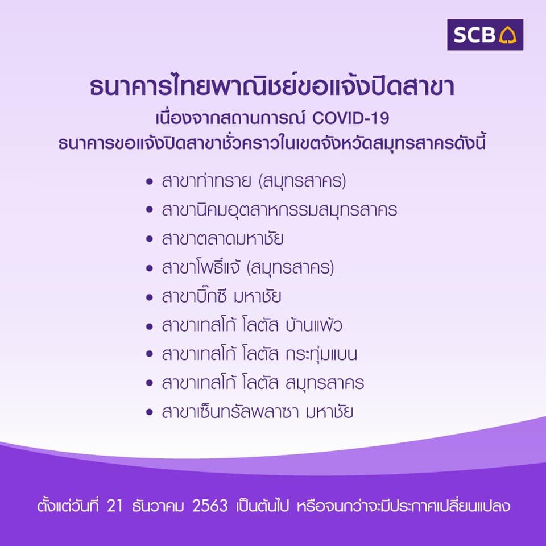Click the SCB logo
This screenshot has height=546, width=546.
(x=485, y=35)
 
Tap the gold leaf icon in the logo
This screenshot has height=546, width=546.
(x=508, y=35)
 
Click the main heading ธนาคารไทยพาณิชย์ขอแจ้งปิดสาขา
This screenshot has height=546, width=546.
(x=272, y=86)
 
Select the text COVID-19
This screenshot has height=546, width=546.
(x=351, y=118)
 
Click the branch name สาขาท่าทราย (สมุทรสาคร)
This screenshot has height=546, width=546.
(x=254, y=181)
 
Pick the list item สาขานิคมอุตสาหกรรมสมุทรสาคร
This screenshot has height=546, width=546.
(x=279, y=210)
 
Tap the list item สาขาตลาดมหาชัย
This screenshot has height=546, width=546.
(x=222, y=239)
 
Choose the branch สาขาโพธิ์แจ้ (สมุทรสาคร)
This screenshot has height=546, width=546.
(x=248, y=268)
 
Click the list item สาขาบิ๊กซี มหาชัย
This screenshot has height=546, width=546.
(x=221, y=296)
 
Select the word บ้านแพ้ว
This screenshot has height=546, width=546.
(x=314, y=325)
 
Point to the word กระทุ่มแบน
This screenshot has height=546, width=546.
(x=321, y=354)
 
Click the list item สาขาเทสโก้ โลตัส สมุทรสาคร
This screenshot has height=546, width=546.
(x=263, y=383)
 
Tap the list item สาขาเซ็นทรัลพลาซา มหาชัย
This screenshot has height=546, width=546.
(x=258, y=412)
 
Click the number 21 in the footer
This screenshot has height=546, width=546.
(x=115, y=506)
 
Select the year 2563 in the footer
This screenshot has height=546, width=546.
(x=210, y=506)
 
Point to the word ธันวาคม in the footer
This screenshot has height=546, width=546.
(x=158, y=506)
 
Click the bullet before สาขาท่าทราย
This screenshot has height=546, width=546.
(x=150, y=181)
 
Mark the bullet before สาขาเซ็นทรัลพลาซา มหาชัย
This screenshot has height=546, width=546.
(x=150, y=412)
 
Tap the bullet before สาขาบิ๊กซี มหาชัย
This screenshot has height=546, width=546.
(x=150, y=297)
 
